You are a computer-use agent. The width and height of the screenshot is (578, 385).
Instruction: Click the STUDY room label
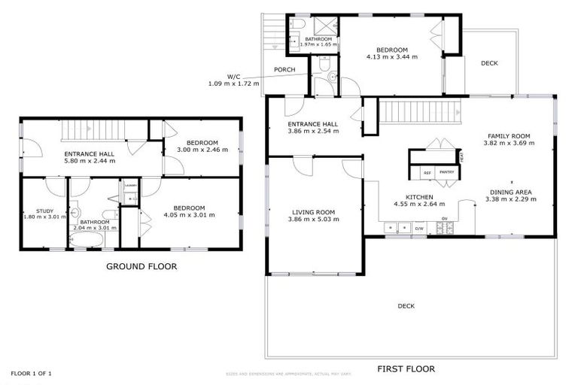point(35,210)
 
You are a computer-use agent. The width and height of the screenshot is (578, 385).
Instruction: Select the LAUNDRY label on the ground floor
point(130,184)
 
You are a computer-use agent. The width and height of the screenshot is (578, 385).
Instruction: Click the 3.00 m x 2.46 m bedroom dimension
point(202,150)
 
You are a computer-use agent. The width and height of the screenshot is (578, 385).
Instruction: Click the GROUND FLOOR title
point(141,266)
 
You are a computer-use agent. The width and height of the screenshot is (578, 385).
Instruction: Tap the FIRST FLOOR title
point(407,369)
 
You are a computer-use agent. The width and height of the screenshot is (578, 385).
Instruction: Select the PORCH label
point(284,70)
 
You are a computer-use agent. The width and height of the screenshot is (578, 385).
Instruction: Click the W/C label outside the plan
point(234,76)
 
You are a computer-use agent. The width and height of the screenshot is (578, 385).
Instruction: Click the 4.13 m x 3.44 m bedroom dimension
point(391,56)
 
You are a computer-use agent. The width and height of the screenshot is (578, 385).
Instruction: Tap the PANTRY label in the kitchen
point(446,172)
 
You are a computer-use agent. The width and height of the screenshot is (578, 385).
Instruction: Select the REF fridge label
point(427,172)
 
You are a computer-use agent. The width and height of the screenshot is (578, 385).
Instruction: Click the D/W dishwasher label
point(418,227)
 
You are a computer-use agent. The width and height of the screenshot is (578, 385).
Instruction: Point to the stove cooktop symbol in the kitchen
point(445,227)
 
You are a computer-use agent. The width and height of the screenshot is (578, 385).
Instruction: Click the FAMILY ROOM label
point(509,136)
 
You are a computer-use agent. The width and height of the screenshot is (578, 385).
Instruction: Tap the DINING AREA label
point(511,192)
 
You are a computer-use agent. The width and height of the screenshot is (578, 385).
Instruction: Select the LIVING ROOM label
point(315,213)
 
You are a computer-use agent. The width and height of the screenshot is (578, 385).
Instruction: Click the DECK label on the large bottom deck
point(406,305)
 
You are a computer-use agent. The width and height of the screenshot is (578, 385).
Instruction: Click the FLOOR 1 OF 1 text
point(31,373)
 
